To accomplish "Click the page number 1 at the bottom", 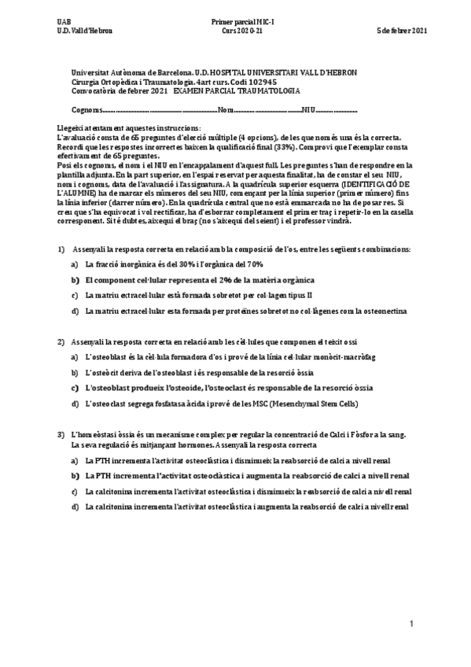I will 410,624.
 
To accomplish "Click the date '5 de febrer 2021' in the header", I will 403,31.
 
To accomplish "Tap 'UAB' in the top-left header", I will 64,20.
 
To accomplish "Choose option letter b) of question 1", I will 75,280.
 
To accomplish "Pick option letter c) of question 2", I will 75,388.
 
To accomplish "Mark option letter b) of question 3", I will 75,476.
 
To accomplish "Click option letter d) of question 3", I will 75,507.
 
